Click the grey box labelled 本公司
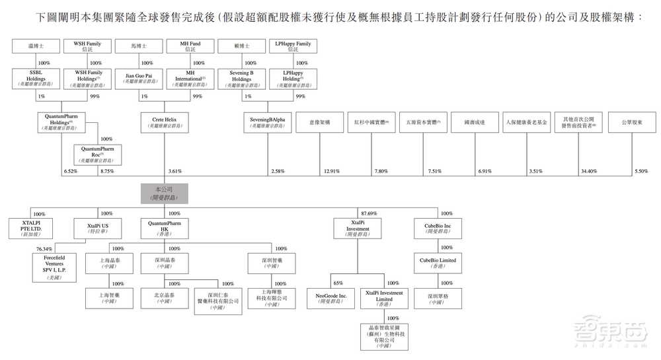tap(164, 193)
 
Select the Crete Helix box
tap(164, 122)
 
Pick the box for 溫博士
tap(36, 47)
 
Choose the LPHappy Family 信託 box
tap(292, 47)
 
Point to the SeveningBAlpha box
tap(268, 122)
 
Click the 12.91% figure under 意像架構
tap(331, 171)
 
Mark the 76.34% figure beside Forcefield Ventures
tap(44, 249)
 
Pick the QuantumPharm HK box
tap(164, 228)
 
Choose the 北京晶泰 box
tap(164, 298)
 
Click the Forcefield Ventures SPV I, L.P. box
tap(54, 269)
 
